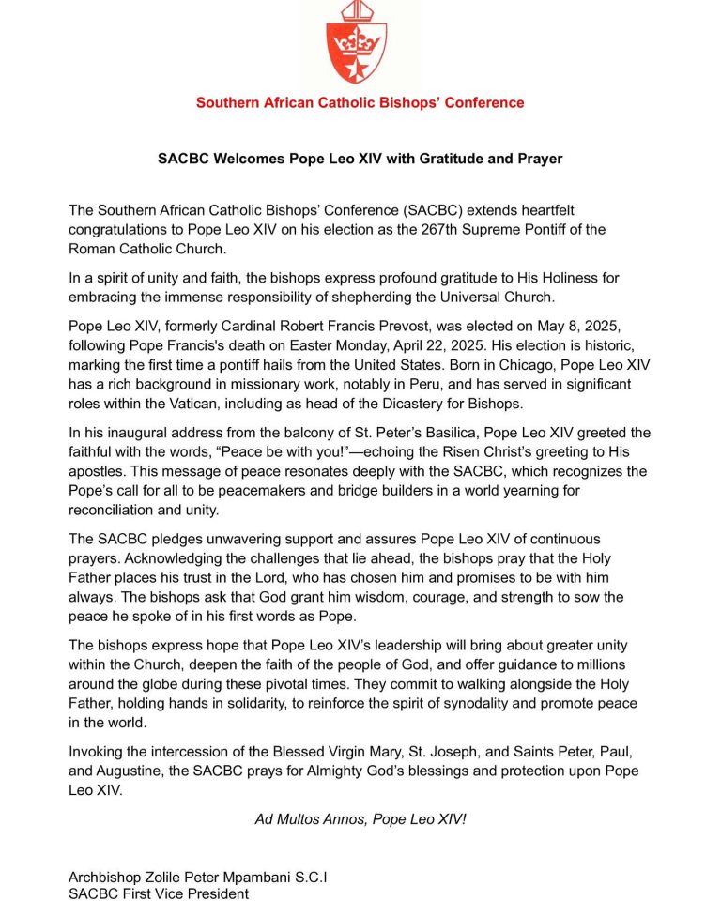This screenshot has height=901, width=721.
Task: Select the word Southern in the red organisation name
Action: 226,102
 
